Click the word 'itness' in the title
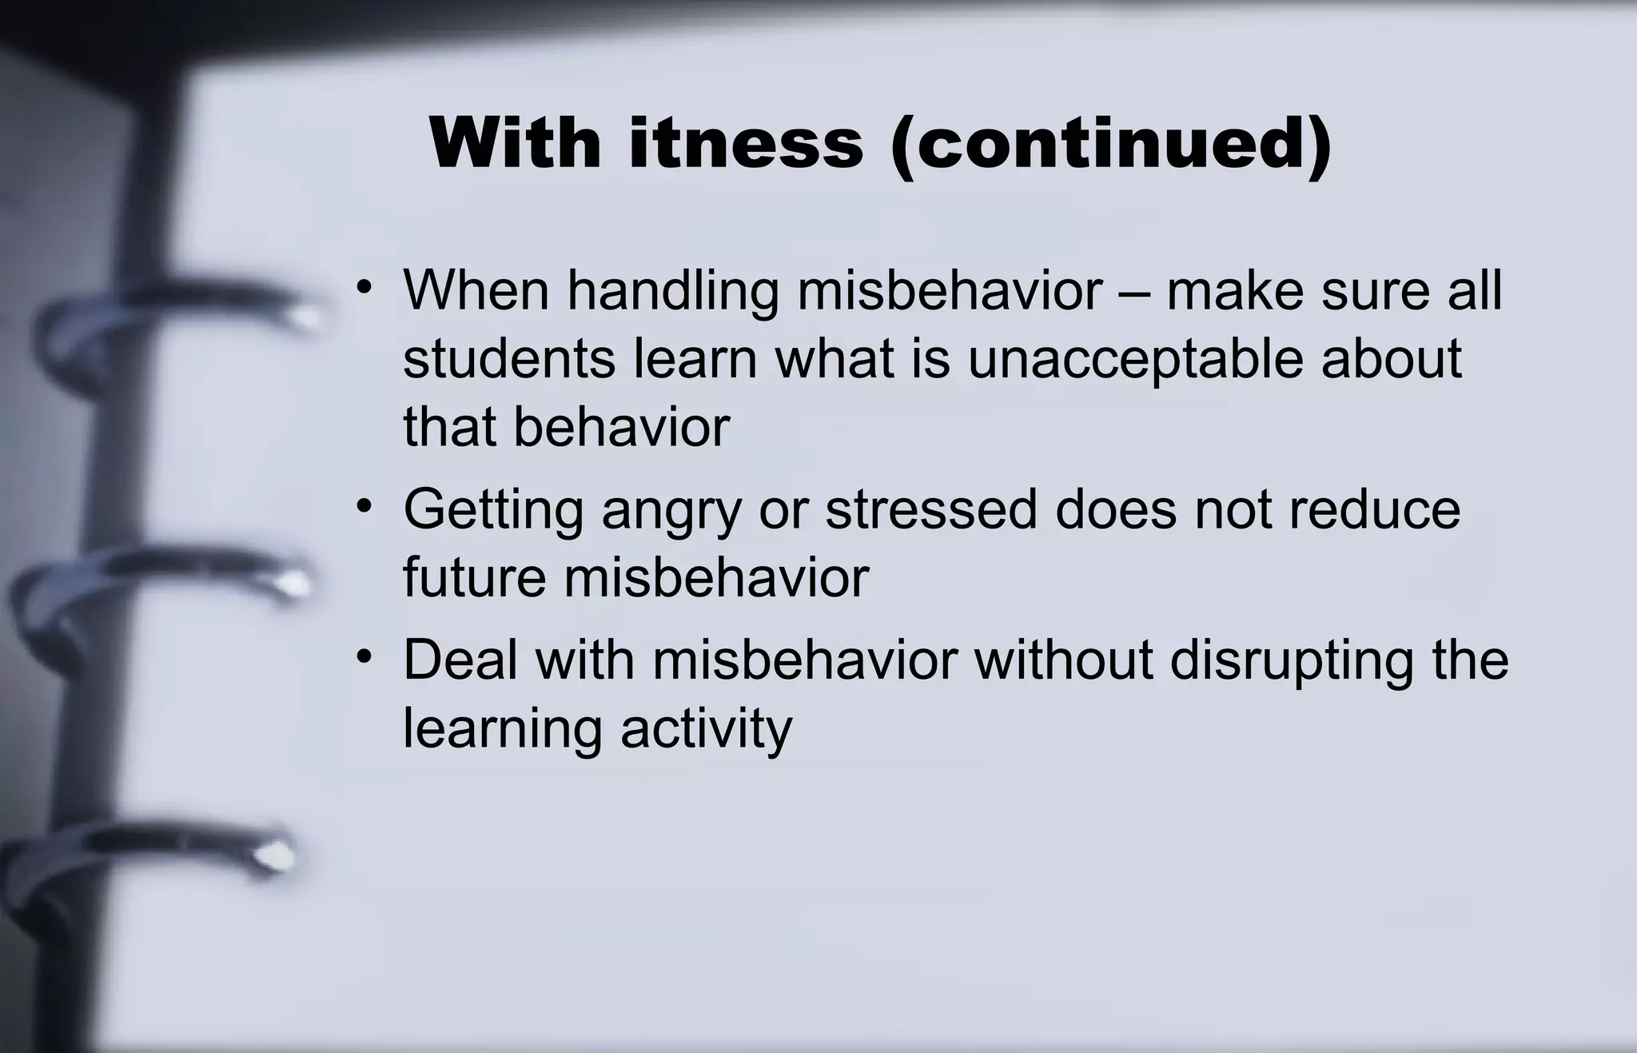coord(746,143)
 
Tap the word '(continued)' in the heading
coord(1111,145)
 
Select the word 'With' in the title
coord(515,143)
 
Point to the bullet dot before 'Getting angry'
coord(365,506)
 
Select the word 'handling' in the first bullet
coord(673,290)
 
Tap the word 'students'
coord(509,358)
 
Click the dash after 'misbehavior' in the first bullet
coord(1134,292)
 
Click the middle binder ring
coord(168,580)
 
